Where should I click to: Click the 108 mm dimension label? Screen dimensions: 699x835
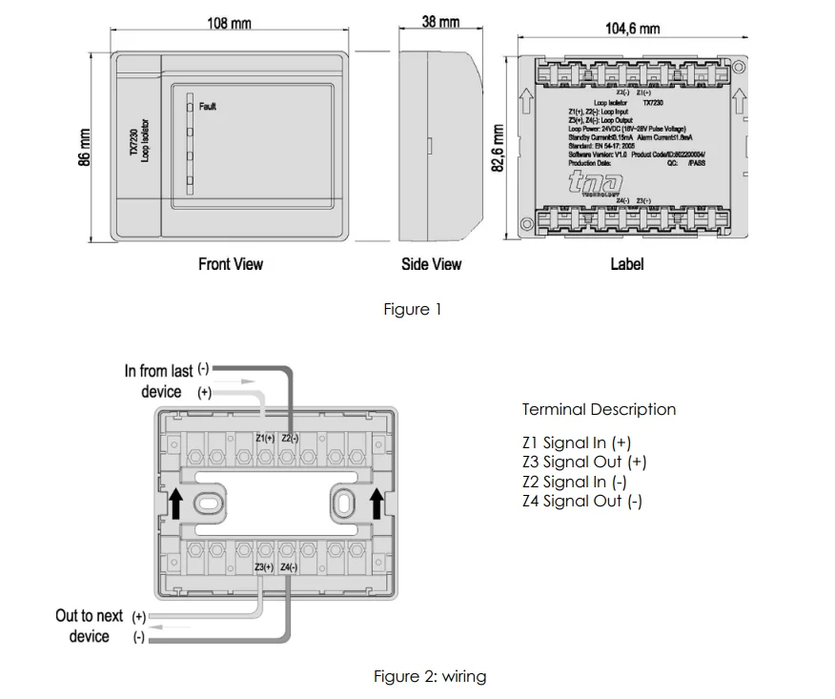229,22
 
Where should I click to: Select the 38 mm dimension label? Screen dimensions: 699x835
440,21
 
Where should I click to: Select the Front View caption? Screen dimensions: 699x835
231,263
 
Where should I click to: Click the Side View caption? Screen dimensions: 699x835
431,264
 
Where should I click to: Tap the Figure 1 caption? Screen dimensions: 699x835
412,309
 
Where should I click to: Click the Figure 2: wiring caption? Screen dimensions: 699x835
429,676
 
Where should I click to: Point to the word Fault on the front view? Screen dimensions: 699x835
208,107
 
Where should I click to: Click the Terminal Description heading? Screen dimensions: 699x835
599,409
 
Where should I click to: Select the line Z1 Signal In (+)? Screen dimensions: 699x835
576,442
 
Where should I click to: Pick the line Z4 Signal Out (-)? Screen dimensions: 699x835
581,501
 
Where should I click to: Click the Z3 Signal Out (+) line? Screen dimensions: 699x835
583,462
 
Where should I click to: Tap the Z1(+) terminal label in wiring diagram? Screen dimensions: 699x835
265,438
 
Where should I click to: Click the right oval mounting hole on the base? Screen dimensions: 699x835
344,502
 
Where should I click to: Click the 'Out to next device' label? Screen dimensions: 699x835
92,626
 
